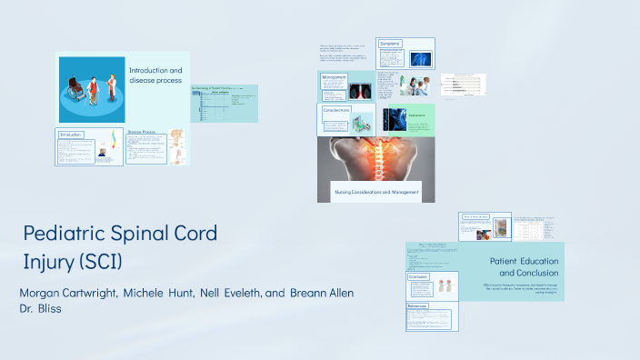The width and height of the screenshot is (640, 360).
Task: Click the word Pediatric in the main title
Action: tap(67, 234)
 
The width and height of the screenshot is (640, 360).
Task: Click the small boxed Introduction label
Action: tap(72, 135)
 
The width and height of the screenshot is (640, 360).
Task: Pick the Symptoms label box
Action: tap(391, 44)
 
